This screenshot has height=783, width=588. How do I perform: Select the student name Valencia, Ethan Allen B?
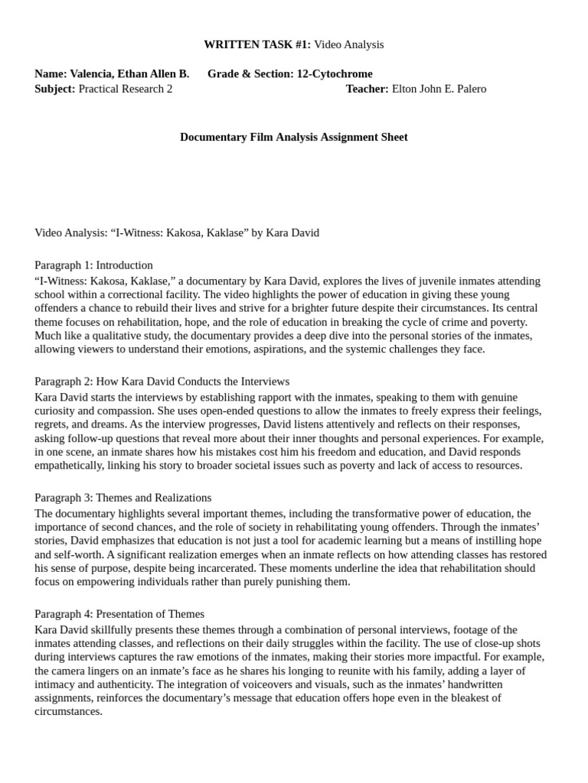coord(129,73)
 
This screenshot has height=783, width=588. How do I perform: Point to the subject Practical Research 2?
coord(126,88)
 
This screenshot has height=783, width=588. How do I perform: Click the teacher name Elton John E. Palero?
coord(439,88)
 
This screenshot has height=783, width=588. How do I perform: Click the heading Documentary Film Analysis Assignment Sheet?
coord(294,137)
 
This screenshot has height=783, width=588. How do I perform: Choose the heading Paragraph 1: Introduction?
coord(93,265)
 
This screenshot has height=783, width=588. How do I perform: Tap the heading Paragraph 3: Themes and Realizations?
coord(123,497)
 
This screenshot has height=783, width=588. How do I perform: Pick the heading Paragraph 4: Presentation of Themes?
coord(119,613)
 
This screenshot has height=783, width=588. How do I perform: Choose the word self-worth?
coord(80,554)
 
